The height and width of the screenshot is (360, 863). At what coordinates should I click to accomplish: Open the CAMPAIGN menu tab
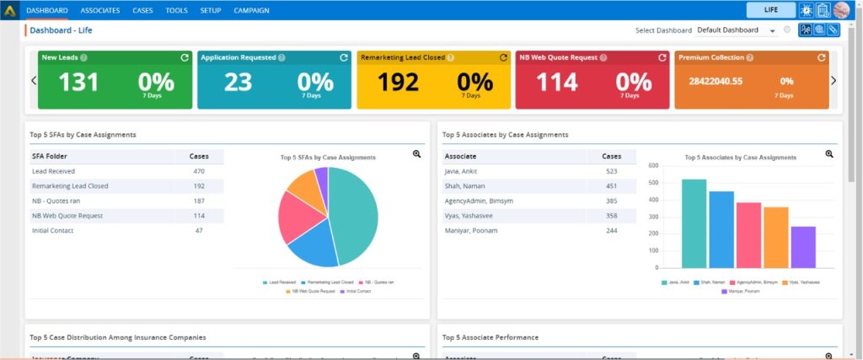pyautogui.click(x=251, y=10)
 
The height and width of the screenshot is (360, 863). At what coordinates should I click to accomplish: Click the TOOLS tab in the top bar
pyautogui.click(x=177, y=10)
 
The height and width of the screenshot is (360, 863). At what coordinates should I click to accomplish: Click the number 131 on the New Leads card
pyautogui.click(x=79, y=83)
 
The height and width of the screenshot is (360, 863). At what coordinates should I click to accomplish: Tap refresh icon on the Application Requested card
pyautogui.click(x=344, y=57)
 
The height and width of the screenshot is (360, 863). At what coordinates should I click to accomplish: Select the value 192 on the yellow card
pyautogui.click(x=399, y=83)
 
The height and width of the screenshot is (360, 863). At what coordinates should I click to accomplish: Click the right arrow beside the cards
pyautogui.click(x=834, y=81)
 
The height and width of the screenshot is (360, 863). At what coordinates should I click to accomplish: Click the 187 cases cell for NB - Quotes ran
pyautogui.click(x=199, y=201)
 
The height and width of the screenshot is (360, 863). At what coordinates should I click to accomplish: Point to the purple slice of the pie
pyautogui.click(x=321, y=178)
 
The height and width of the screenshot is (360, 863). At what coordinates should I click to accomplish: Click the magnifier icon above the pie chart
pyautogui.click(x=416, y=154)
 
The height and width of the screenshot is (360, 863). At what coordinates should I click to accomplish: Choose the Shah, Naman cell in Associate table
pyautogui.click(x=465, y=186)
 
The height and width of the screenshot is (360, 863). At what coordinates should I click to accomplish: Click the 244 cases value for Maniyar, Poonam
pyautogui.click(x=611, y=230)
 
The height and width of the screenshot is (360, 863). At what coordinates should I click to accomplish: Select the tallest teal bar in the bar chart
pyautogui.click(x=694, y=223)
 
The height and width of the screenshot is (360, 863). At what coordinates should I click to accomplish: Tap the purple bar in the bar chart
pyautogui.click(x=803, y=246)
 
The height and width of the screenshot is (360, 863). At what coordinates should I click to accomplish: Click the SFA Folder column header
pyautogui.click(x=51, y=156)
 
